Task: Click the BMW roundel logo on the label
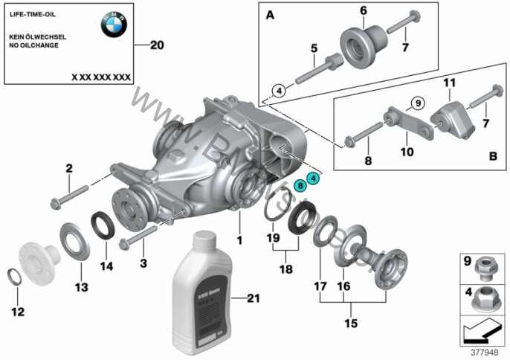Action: (x=114, y=24)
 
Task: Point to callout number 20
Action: (x=155, y=45)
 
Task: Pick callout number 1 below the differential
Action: (x=239, y=241)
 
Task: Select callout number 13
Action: (x=80, y=287)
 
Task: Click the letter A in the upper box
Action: (x=268, y=14)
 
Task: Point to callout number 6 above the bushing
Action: (x=364, y=10)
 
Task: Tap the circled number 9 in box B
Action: (x=416, y=102)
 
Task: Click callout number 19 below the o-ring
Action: (x=273, y=240)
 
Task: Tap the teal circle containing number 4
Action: (x=313, y=179)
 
